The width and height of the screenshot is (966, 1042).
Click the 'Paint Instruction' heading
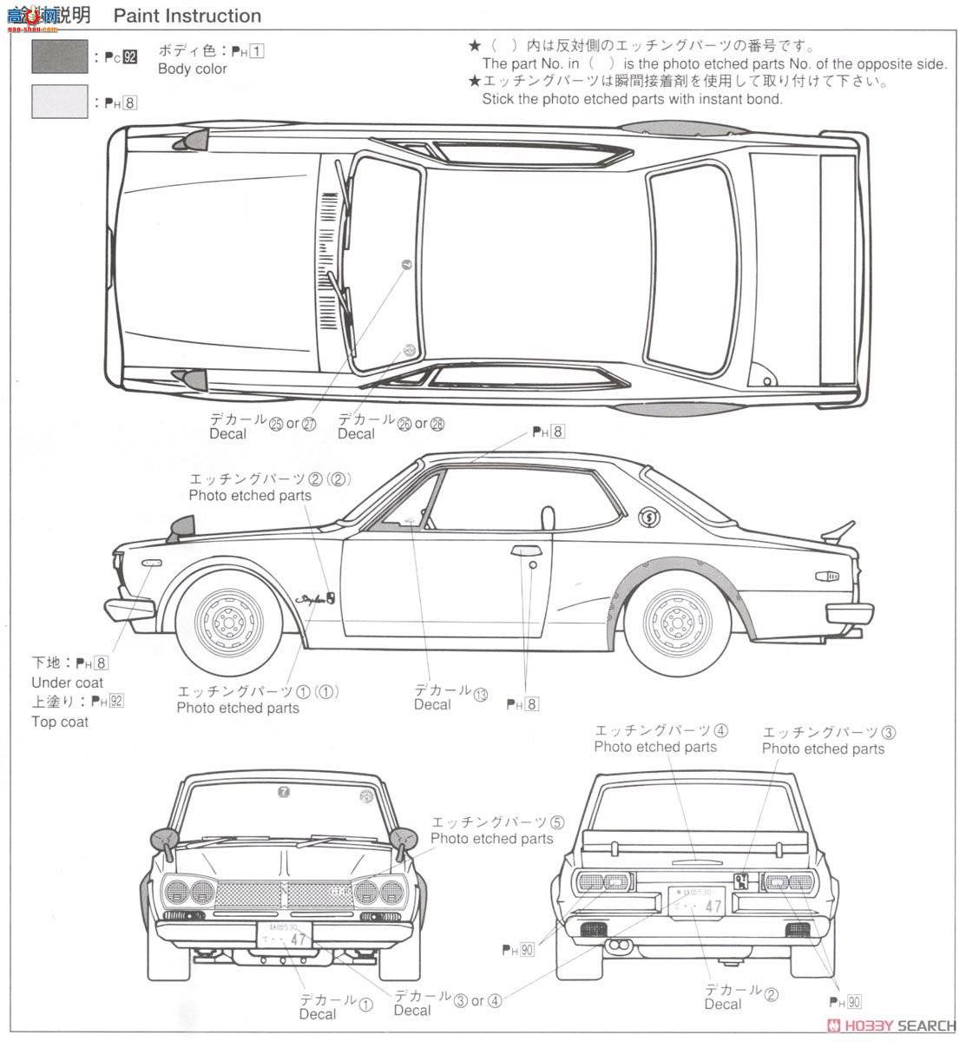[187, 16]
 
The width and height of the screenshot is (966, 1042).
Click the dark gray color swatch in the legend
[59, 56]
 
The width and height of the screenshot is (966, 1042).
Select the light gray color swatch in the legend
[59, 102]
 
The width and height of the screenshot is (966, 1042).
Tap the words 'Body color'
[192, 69]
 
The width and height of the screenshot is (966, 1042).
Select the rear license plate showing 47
[696, 902]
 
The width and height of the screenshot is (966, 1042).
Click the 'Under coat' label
[67, 683]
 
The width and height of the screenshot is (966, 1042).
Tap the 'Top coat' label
[60, 722]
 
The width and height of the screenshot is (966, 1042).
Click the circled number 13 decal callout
[481, 694]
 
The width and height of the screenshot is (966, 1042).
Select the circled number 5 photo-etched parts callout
[556, 821]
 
